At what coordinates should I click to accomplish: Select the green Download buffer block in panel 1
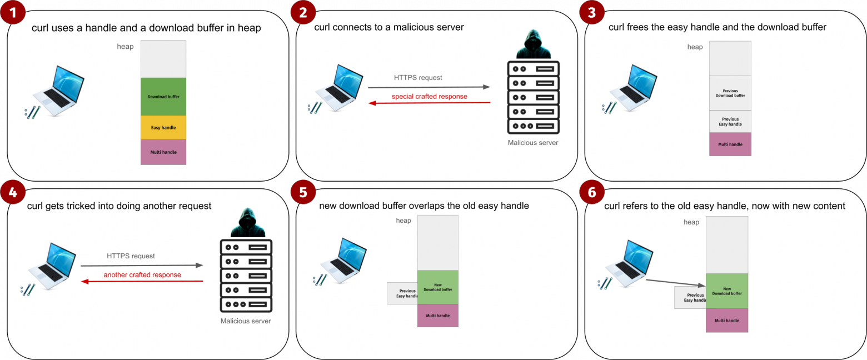163,96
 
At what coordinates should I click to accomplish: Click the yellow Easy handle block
163,127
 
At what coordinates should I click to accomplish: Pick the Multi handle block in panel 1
163,152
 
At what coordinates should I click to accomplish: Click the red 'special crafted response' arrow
429,103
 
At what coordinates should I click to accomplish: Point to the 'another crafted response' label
142,275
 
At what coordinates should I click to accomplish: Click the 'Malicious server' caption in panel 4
246,321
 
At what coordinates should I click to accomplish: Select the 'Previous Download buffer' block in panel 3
730,93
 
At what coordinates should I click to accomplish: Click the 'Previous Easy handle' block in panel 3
730,122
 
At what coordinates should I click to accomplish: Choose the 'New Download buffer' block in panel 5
438,287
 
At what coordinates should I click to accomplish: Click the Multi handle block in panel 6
727,321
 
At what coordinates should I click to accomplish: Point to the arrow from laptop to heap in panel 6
675,283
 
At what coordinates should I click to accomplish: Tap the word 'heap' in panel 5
403,221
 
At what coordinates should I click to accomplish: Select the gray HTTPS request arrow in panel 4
142,266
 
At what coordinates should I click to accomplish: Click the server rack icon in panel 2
534,98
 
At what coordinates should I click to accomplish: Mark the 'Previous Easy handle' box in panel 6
690,297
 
